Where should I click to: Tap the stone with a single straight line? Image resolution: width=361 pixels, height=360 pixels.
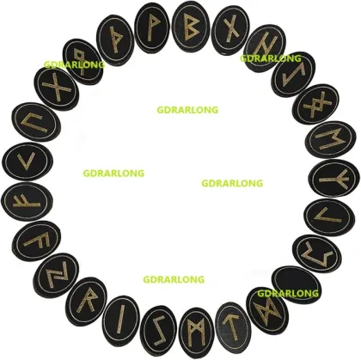pos(121,320)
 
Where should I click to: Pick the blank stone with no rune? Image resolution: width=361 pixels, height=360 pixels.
pos(297,284)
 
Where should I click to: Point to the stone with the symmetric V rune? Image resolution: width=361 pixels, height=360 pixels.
pos(27,162)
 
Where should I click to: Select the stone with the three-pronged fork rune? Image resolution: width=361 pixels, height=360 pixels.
pos(334,179)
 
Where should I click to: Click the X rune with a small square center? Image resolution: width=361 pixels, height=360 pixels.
pos(317,104)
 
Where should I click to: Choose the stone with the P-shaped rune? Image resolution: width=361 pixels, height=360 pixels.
pos(151,27)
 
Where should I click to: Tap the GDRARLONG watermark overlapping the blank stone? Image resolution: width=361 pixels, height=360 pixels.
pos(288,293)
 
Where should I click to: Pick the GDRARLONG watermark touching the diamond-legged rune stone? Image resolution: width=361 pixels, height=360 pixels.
pos(74,64)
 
